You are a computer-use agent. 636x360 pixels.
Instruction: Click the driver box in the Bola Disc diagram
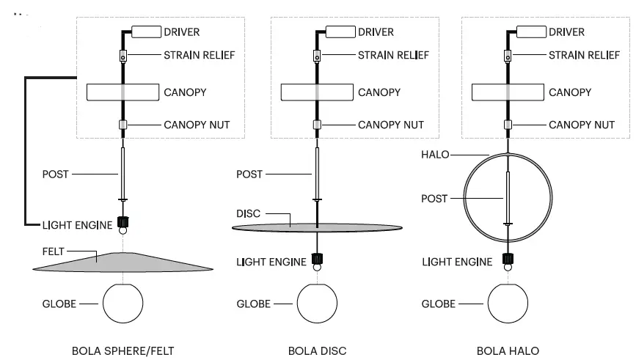pyautogui.click(x=340, y=32)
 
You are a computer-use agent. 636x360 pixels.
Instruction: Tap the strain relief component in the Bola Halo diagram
pyautogui.click(x=508, y=56)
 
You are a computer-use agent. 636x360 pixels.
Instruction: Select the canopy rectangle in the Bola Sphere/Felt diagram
pyautogui.click(x=123, y=92)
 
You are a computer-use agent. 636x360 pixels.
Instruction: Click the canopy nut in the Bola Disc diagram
pyautogui.click(x=317, y=125)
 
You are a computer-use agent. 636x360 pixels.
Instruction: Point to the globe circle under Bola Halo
pyautogui.click(x=508, y=304)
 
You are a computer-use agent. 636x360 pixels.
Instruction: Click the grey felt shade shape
pyautogui.click(x=123, y=262)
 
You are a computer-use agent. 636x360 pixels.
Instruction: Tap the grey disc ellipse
pyautogui.click(x=317, y=228)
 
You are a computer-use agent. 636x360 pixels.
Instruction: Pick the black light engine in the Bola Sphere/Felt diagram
pyautogui.click(x=123, y=222)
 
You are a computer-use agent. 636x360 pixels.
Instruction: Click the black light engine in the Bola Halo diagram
pyautogui.click(x=508, y=259)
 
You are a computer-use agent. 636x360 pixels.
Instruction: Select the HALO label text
pyautogui.click(x=435, y=155)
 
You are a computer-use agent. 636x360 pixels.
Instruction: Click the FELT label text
pyautogui.click(x=53, y=251)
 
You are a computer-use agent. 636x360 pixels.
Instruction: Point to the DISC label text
pyautogui.click(x=248, y=213)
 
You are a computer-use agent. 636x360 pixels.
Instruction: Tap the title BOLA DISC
pyautogui.click(x=317, y=350)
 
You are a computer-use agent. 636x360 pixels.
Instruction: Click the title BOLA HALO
pyautogui.click(x=508, y=350)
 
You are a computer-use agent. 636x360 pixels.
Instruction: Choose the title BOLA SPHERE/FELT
pyautogui.click(x=123, y=350)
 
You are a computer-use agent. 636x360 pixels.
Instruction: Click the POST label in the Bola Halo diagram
pyautogui.click(x=434, y=199)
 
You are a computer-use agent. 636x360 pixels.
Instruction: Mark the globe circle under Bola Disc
pyautogui.click(x=317, y=304)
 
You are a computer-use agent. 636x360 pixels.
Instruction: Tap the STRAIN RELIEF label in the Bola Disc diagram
pyautogui.click(x=393, y=55)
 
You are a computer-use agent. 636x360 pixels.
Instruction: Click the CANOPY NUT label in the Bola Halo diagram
pyautogui.click(x=582, y=125)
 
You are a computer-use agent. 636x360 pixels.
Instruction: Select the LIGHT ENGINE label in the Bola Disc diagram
pyautogui.click(x=271, y=262)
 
